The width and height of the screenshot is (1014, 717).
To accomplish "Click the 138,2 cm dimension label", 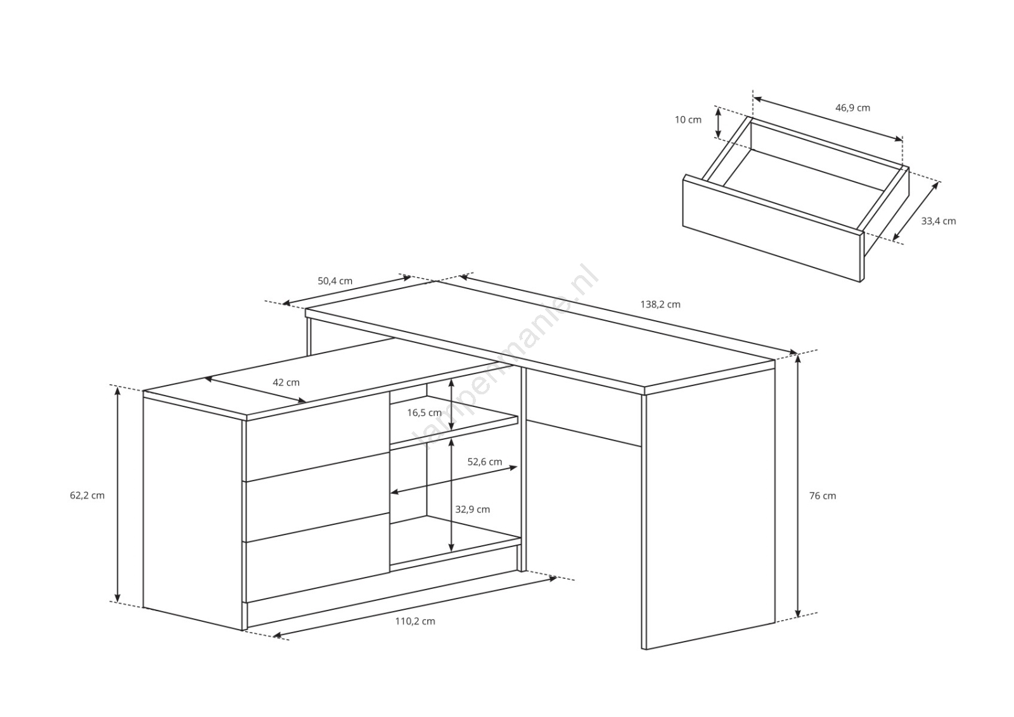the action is click(660, 304).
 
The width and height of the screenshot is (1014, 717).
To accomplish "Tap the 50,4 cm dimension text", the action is click(335, 281).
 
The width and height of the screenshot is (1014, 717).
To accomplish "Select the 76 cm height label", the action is click(823, 496).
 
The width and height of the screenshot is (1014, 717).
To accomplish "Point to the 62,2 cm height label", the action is click(87, 496).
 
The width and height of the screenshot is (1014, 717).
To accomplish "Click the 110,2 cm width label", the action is click(415, 621).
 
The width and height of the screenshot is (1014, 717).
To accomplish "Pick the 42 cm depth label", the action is click(286, 382).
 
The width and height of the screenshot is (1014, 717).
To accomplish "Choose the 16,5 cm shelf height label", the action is click(424, 413).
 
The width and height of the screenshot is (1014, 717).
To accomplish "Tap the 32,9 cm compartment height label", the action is click(473, 510).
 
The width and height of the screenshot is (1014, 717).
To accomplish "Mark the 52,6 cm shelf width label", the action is click(485, 462).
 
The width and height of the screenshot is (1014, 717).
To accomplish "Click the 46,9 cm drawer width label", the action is click(853, 108).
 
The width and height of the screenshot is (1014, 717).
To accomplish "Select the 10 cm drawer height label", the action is click(688, 120).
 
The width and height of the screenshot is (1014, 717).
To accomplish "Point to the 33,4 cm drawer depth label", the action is click(939, 221).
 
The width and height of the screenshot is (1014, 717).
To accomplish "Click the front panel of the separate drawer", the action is click(771, 229).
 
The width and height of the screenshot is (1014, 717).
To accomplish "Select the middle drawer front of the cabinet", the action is click(318, 497).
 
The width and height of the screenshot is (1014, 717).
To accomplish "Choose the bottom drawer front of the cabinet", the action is click(318, 558).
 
